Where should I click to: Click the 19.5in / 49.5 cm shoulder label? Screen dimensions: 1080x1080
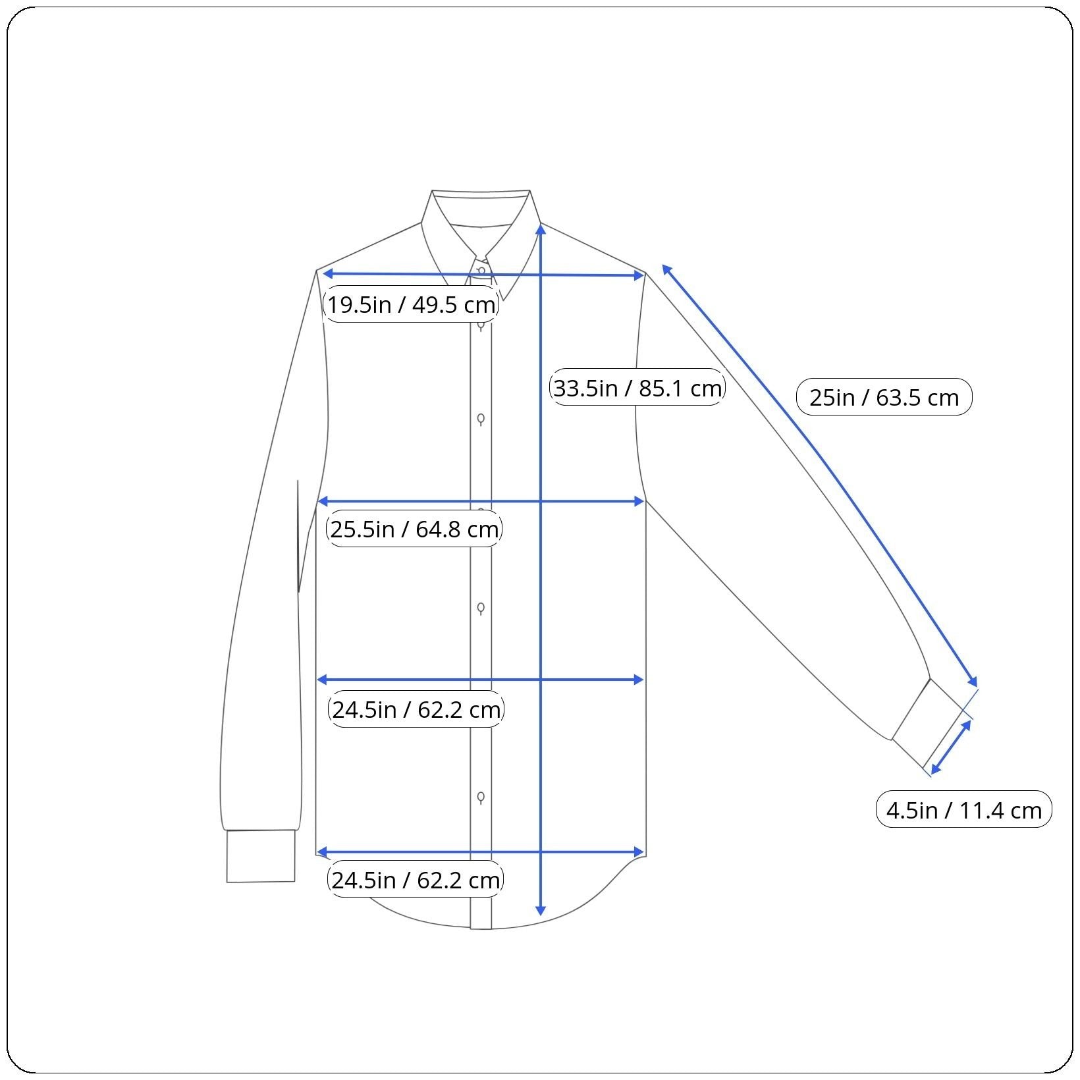click(x=411, y=304)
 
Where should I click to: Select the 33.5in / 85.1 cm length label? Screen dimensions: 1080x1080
click(x=637, y=387)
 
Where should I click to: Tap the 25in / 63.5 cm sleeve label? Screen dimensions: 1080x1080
click(x=884, y=397)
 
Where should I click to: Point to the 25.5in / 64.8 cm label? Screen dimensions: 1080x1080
click(x=414, y=528)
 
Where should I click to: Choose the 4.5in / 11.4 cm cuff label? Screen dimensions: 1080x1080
click(x=964, y=809)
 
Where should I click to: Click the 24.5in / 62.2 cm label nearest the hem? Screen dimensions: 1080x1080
click(x=416, y=879)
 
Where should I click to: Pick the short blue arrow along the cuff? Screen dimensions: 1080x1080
click(x=950, y=747)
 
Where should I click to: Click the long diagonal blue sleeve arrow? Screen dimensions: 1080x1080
click(x=819, y=475)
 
